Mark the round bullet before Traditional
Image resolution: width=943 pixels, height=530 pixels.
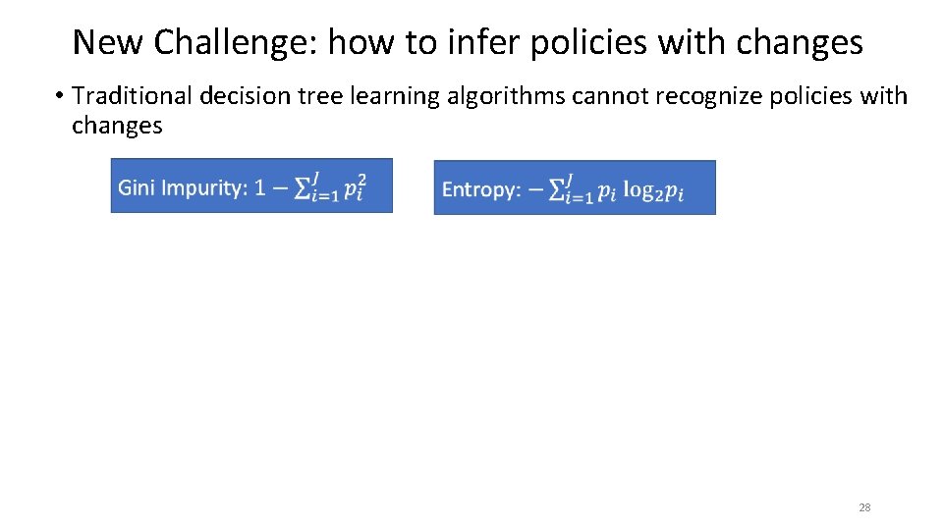pyautogui.click(x=59, y=96)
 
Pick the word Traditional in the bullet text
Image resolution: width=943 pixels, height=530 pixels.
pyautogui.click(x=133, y=95)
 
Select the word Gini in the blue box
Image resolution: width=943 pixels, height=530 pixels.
pyautogui.click(x=137, y=186)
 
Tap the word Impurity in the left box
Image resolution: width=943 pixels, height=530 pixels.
pyautogui.click(x=203, y=186)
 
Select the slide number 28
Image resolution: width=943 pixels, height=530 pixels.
pyautogui.click(x=864, y=507)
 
